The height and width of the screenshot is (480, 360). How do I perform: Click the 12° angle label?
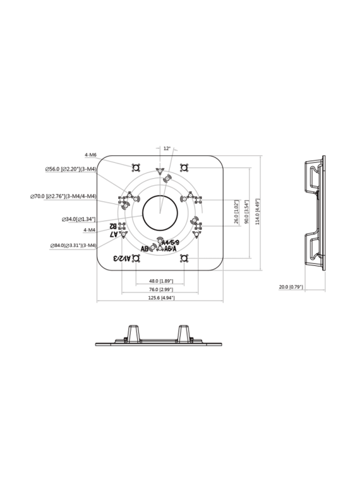pos(167,148)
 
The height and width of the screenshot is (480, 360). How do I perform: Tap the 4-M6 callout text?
pos(90,154)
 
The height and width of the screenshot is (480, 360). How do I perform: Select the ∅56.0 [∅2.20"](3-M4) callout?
pos(70,169)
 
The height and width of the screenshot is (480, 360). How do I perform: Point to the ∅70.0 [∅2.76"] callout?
pos(63,196)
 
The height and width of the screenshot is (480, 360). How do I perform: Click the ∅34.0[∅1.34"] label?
pos(79,219)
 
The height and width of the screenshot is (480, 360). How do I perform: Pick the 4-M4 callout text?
pos(90,231)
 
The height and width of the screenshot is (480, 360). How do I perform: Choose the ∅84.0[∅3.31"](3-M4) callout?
pos(74,245)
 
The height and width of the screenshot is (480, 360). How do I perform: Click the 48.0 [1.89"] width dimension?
pos(160,280)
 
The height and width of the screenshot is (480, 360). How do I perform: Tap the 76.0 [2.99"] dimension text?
pos(160,289)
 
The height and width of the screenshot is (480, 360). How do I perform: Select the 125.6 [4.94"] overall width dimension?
pos(160,297)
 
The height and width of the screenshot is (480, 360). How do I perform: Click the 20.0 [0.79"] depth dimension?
pos(291,287)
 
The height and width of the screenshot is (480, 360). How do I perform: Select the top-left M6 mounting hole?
pos(135,167)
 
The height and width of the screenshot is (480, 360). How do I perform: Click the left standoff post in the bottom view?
pos(134,333)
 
